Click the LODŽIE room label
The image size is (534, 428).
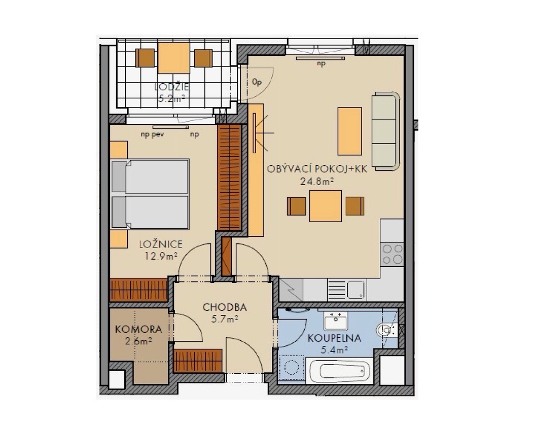pyautogui.click(x=171, y=87)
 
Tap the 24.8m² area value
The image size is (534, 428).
pyautogui.click(x=316, y=181)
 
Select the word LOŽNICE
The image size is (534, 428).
pyautogui.click(x=161, y=244)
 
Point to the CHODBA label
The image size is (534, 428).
pyautogui.click(x=225, y=307)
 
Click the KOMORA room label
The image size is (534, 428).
pyautogui.click(x=138, y=329)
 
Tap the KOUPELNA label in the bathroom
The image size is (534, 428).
pyautogui.click(x=334, y=338)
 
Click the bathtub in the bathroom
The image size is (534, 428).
pyautogui.click(x=340, y=371)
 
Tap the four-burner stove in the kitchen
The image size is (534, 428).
pyautogui.click(x=392, y=254)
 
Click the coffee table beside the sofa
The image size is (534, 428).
pyautogui.click(x=349, y=131)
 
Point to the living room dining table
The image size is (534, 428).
pyautogui.click(x=325, y=206)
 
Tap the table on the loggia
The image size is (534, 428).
pyautogui.click(x=173, y=58)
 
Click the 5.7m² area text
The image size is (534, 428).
pyautogui.click(x=225, y=319)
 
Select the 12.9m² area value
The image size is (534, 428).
pyautogui.click(x=161, y=256)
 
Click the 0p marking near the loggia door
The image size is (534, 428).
pyautogui.click(x=257, y=82)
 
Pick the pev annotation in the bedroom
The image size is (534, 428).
pyautogui.click(x=158, y=134)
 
